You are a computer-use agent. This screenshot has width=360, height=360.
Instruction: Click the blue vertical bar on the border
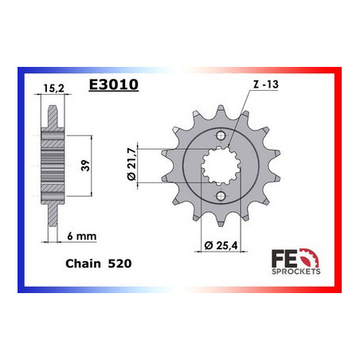click(19, 183)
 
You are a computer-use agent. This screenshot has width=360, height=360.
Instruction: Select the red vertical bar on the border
click(340, 183)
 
